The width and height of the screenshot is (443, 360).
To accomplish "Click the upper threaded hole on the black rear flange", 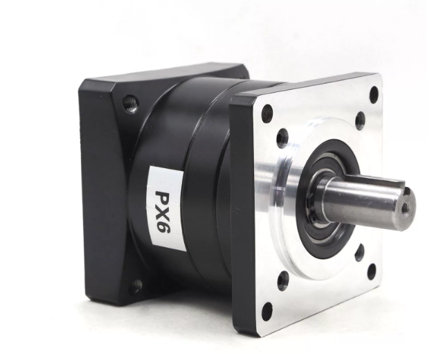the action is pos(131,103).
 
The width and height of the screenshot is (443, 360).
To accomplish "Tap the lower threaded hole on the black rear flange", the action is pos(136,286).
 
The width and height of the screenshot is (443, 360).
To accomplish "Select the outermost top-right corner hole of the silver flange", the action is pos(374,92).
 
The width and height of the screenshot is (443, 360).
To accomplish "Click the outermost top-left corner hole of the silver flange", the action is pos(267,113).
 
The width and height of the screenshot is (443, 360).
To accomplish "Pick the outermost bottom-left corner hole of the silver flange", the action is pos(266,311).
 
